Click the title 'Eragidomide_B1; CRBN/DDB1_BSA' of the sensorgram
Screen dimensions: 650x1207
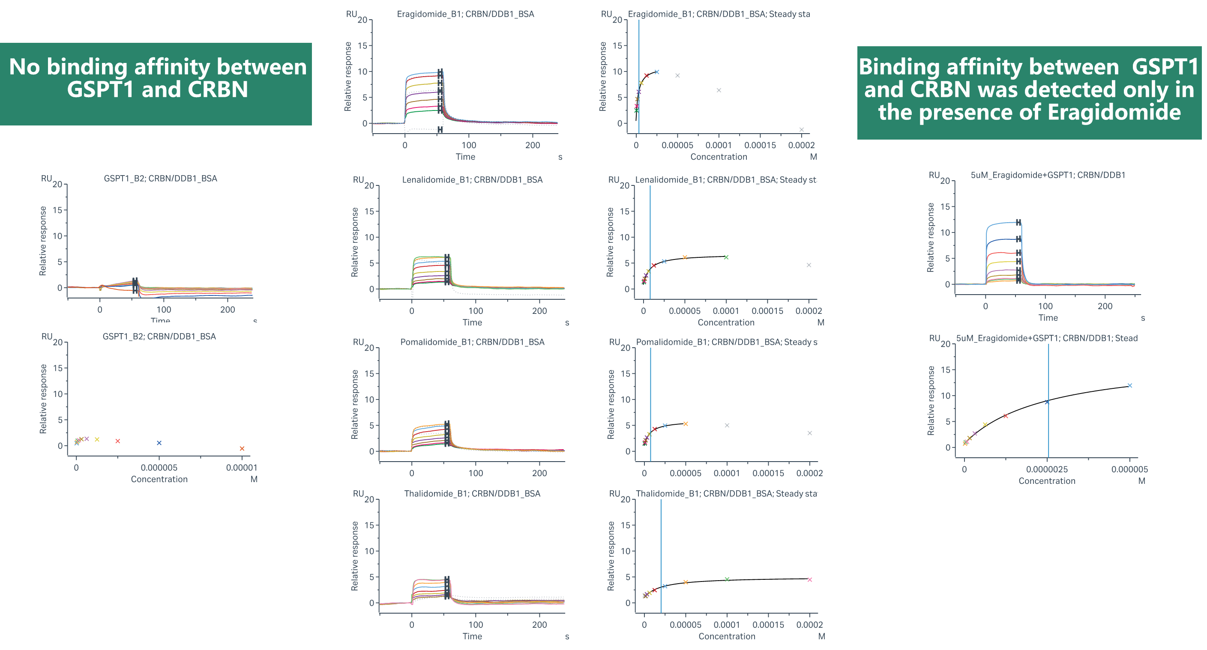(x=465, y=14)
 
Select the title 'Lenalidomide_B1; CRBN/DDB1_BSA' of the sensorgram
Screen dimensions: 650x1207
(x=472, y=180)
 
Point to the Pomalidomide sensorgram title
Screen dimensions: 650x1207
(x=472, y=342)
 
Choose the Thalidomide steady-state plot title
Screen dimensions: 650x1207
(x=726, y=494)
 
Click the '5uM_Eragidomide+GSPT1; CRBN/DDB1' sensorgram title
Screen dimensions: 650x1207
(x=1047, y=175)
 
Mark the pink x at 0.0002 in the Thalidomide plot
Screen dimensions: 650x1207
(x=809, y=580)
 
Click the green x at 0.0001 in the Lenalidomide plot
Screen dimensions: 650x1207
(x=726, y=257)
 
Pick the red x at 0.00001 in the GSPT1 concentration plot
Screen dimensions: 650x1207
(x=242, y=449)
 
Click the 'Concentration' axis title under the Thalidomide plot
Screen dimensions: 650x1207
(x=726, y=636)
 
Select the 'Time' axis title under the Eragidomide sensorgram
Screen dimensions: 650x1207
(x=465, y=157)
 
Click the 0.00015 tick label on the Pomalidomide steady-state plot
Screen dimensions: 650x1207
(x=767, y=474)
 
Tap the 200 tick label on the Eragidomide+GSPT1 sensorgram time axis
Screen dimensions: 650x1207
(x=1105, y=306)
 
